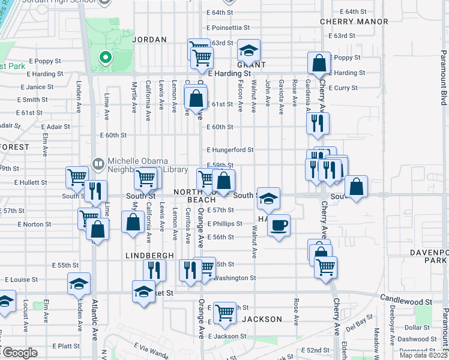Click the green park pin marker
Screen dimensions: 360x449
106,58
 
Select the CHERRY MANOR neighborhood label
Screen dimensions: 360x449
354,22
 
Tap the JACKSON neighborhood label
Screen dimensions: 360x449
263,319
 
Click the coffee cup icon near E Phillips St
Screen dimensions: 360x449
279,226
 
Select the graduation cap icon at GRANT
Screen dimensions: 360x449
249,50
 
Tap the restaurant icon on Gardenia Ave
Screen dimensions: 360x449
318,123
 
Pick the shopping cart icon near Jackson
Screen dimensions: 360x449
224,313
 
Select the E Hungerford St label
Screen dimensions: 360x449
231,150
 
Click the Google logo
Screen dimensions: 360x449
20,353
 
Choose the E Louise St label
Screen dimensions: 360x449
21,280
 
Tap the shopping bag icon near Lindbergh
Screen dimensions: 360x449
133,223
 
